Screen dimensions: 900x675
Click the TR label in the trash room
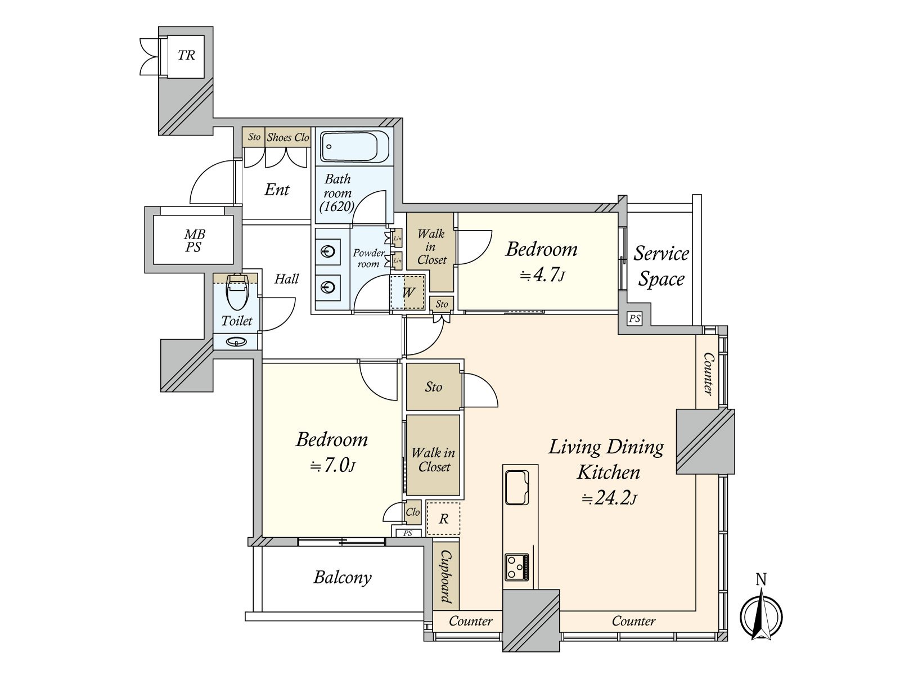point(186,55)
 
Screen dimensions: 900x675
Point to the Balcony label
point(343,578)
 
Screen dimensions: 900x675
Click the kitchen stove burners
point(516,567)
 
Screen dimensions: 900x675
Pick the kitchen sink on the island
point(516,488)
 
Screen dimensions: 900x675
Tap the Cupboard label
point(446,577)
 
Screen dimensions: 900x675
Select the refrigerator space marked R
point(443,518)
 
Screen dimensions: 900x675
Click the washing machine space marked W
point(408,292)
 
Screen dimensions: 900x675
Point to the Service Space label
point(661,266)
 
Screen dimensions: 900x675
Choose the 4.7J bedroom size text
point(542,275)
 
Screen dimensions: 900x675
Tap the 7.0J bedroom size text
point(332,466)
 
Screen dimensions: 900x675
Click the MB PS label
point(194,241)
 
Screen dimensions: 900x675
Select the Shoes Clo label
point(288,137)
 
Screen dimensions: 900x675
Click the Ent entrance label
point(277,190)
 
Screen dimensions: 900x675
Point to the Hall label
point(286,278)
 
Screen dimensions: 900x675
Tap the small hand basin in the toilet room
point(237,341)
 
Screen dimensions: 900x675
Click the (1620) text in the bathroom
point(336,206)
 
